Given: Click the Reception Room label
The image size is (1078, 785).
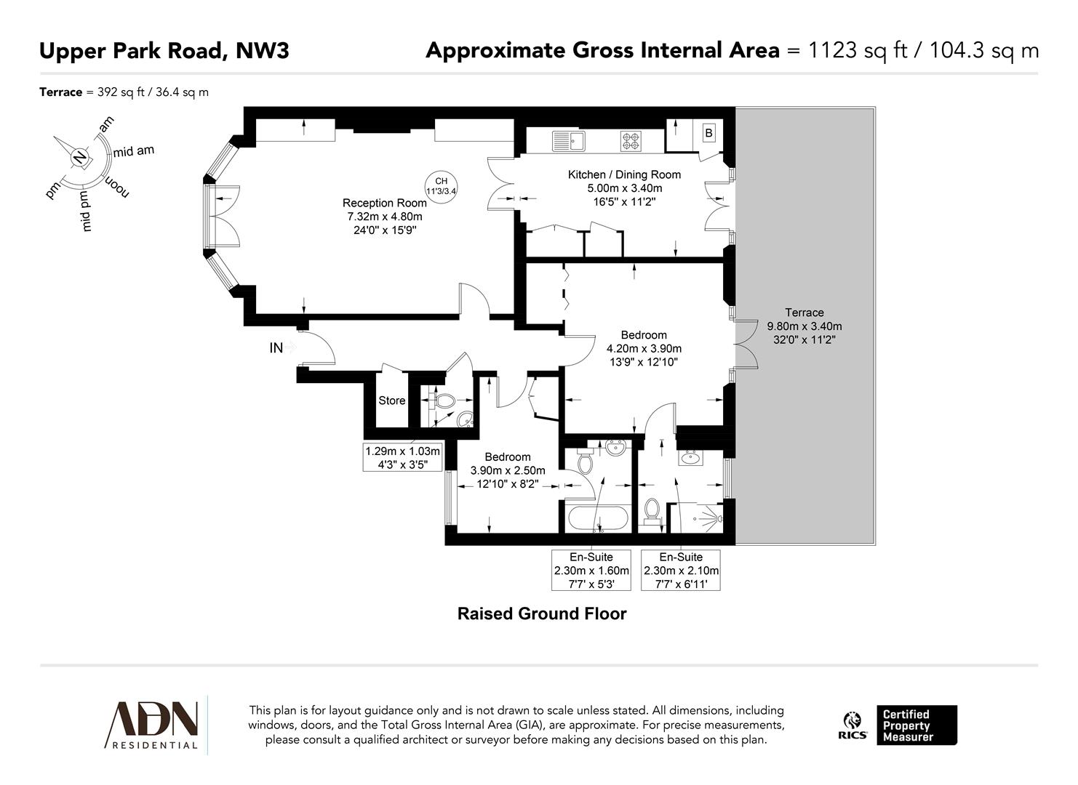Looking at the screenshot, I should click(x=384, y=204).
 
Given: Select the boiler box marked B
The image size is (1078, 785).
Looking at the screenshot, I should click(x=708, y=134).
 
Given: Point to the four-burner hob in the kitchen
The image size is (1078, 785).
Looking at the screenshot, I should click(x=630, y=140).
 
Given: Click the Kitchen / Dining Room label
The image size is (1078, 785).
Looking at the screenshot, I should click(x=624, y=174).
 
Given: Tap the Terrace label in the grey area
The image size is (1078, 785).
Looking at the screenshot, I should click(x=804, y=313).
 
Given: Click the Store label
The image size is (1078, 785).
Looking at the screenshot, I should click(x=391, y=400).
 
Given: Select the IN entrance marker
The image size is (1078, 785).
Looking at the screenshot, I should click(x=276, y=348).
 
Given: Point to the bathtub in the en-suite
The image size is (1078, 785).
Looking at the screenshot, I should click(x=597, y=519).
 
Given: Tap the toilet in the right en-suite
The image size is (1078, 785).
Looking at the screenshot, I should click(x=652, y=510).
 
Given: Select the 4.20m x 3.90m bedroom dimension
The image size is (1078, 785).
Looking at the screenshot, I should click(x=644, y=348).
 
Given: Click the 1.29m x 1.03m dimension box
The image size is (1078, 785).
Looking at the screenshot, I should click(x=402, y=457).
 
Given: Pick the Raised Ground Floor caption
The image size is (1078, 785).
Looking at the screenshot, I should click(x=541, y=613).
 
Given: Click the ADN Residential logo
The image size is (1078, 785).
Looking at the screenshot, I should click(x=153, y=724).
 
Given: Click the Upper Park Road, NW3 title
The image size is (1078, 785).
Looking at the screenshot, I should click(x=164, y=51).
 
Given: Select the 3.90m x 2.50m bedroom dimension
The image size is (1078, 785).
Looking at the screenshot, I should click(x=508, y=470).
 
